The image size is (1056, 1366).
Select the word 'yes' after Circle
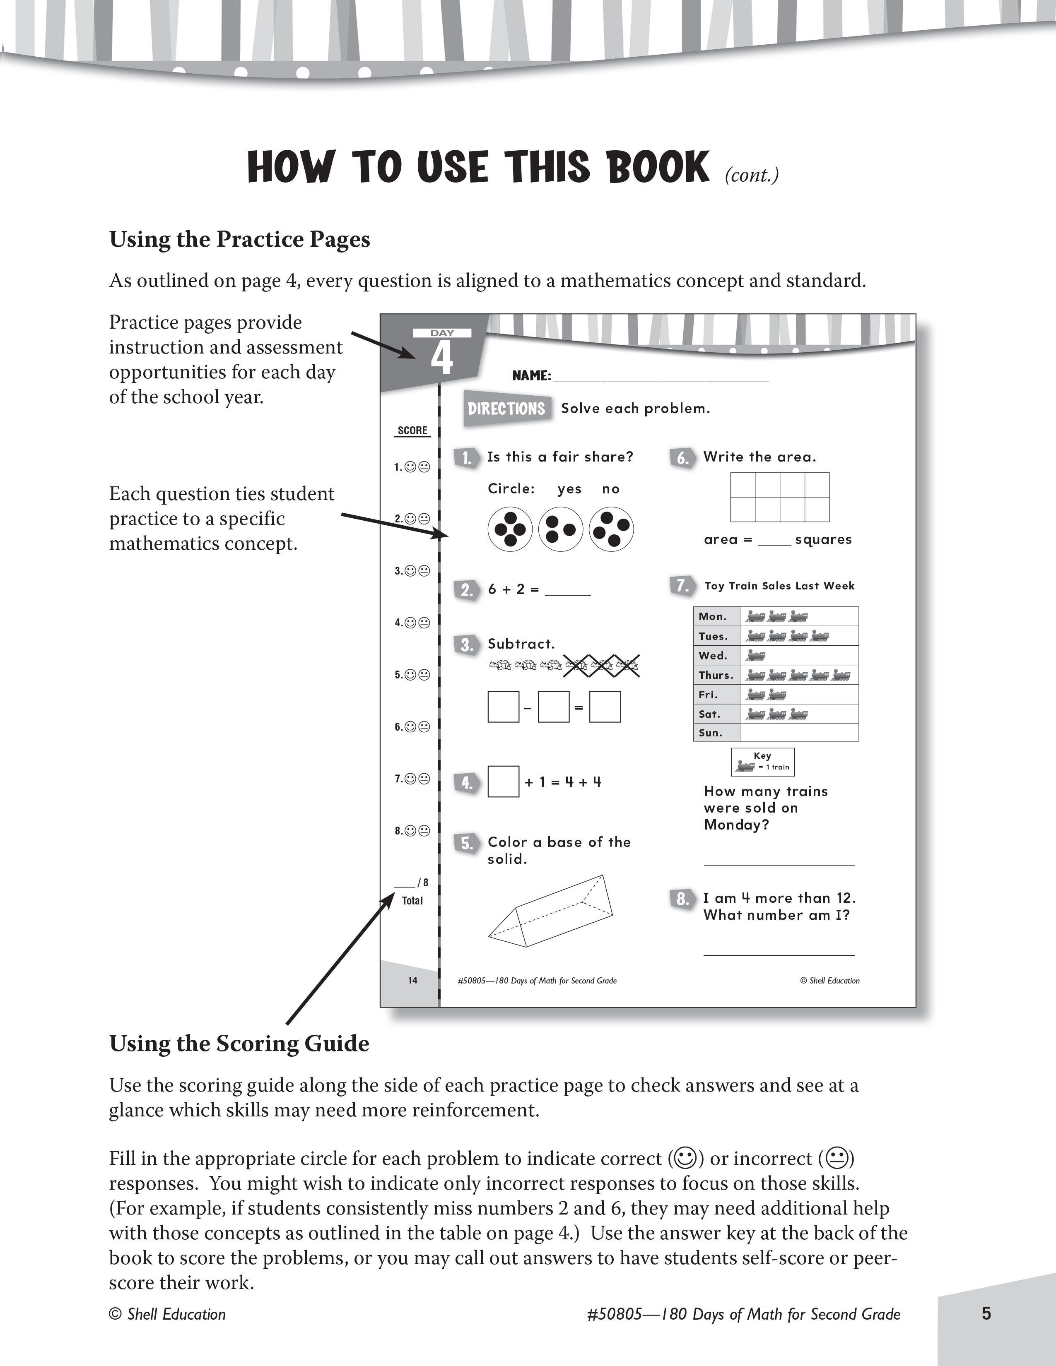[x=569, y=489]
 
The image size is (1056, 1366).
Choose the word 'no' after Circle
[x=610, y=489]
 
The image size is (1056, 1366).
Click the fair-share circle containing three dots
[x=561, y=529]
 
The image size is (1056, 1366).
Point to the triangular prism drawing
[x=550, y=910]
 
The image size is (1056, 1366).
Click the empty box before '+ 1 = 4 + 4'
[x=503, y=782]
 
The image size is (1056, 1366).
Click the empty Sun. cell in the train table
[x=799, y=732]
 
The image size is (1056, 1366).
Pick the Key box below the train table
[x=762, y=762]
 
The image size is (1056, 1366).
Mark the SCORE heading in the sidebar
[x=412, y=430]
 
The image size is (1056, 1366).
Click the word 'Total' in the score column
[x=412, y=901]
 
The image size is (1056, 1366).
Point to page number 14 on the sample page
[x=412, y=980]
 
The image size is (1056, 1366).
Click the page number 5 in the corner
[x=986, y=1313]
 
